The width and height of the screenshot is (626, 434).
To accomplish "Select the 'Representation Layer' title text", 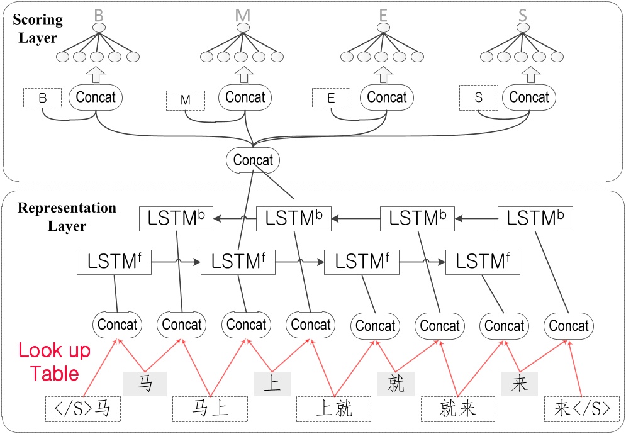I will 67,216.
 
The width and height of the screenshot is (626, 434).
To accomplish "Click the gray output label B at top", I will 98,14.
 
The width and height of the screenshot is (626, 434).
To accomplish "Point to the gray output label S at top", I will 522,14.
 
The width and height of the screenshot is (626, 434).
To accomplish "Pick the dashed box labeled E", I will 331,98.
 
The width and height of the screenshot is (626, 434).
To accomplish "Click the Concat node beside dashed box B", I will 96,97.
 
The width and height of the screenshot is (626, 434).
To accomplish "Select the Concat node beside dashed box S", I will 528,97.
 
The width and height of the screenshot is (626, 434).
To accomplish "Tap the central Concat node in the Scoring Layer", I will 253,160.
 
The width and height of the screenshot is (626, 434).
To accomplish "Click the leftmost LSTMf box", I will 114,262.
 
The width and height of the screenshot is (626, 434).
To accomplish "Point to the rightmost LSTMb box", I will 535,219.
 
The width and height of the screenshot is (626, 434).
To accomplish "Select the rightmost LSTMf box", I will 483,262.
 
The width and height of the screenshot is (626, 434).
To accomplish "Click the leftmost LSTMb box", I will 176,219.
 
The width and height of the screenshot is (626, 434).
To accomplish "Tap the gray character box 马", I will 145,382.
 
